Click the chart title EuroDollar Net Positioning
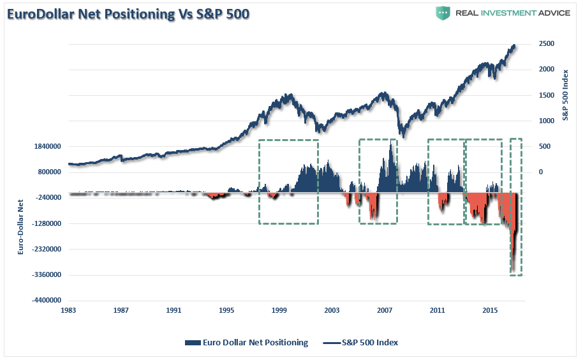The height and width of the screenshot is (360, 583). tap(128, 14)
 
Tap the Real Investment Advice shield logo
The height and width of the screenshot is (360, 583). tap(444, 13)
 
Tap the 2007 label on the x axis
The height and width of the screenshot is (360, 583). tap(385, 310)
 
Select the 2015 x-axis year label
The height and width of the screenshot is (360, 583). tap(490, 310)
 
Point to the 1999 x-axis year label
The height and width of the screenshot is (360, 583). tap(279, 310)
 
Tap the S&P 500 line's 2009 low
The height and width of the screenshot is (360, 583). tap(401, 135)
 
